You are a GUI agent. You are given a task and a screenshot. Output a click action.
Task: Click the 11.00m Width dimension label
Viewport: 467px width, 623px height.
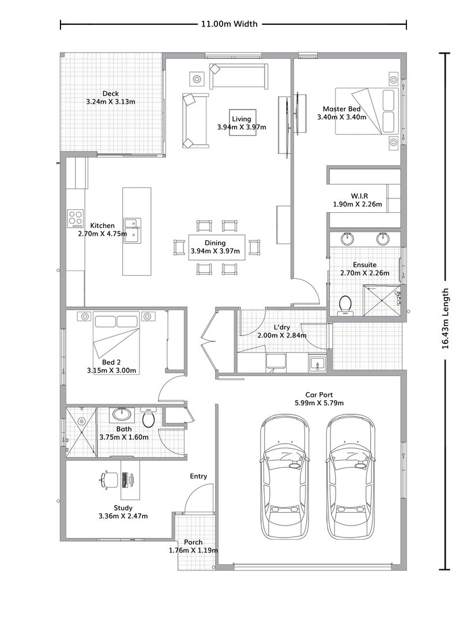tap(229, 24)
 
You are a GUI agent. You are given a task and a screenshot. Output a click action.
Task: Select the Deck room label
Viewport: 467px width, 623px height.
tap(110, 93)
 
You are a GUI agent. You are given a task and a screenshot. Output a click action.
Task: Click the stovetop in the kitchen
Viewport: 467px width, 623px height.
tap(76, 217)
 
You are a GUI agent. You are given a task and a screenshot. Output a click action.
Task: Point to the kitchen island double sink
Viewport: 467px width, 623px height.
tap(133, 230)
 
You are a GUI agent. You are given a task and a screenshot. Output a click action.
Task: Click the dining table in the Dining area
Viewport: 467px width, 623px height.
tap(216, 247)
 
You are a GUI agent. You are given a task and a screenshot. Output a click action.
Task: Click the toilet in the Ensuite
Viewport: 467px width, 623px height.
tap(346, 304)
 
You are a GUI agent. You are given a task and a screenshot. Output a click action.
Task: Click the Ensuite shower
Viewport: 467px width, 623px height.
tap(381, 300)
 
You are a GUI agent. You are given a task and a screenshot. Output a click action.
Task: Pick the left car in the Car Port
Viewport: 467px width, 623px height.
tap(284, 476)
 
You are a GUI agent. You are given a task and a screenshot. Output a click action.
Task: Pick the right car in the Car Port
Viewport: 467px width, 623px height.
tap(351, 476)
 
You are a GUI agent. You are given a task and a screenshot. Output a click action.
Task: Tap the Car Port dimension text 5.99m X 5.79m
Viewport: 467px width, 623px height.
tap(319, 403)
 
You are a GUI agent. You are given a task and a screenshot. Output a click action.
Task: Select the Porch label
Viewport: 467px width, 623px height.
tap(193, 542)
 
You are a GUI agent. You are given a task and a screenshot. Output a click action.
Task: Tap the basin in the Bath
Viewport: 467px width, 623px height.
tap(122, 413)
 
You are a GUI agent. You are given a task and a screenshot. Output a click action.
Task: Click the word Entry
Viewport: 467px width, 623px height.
tap(198, 476)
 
